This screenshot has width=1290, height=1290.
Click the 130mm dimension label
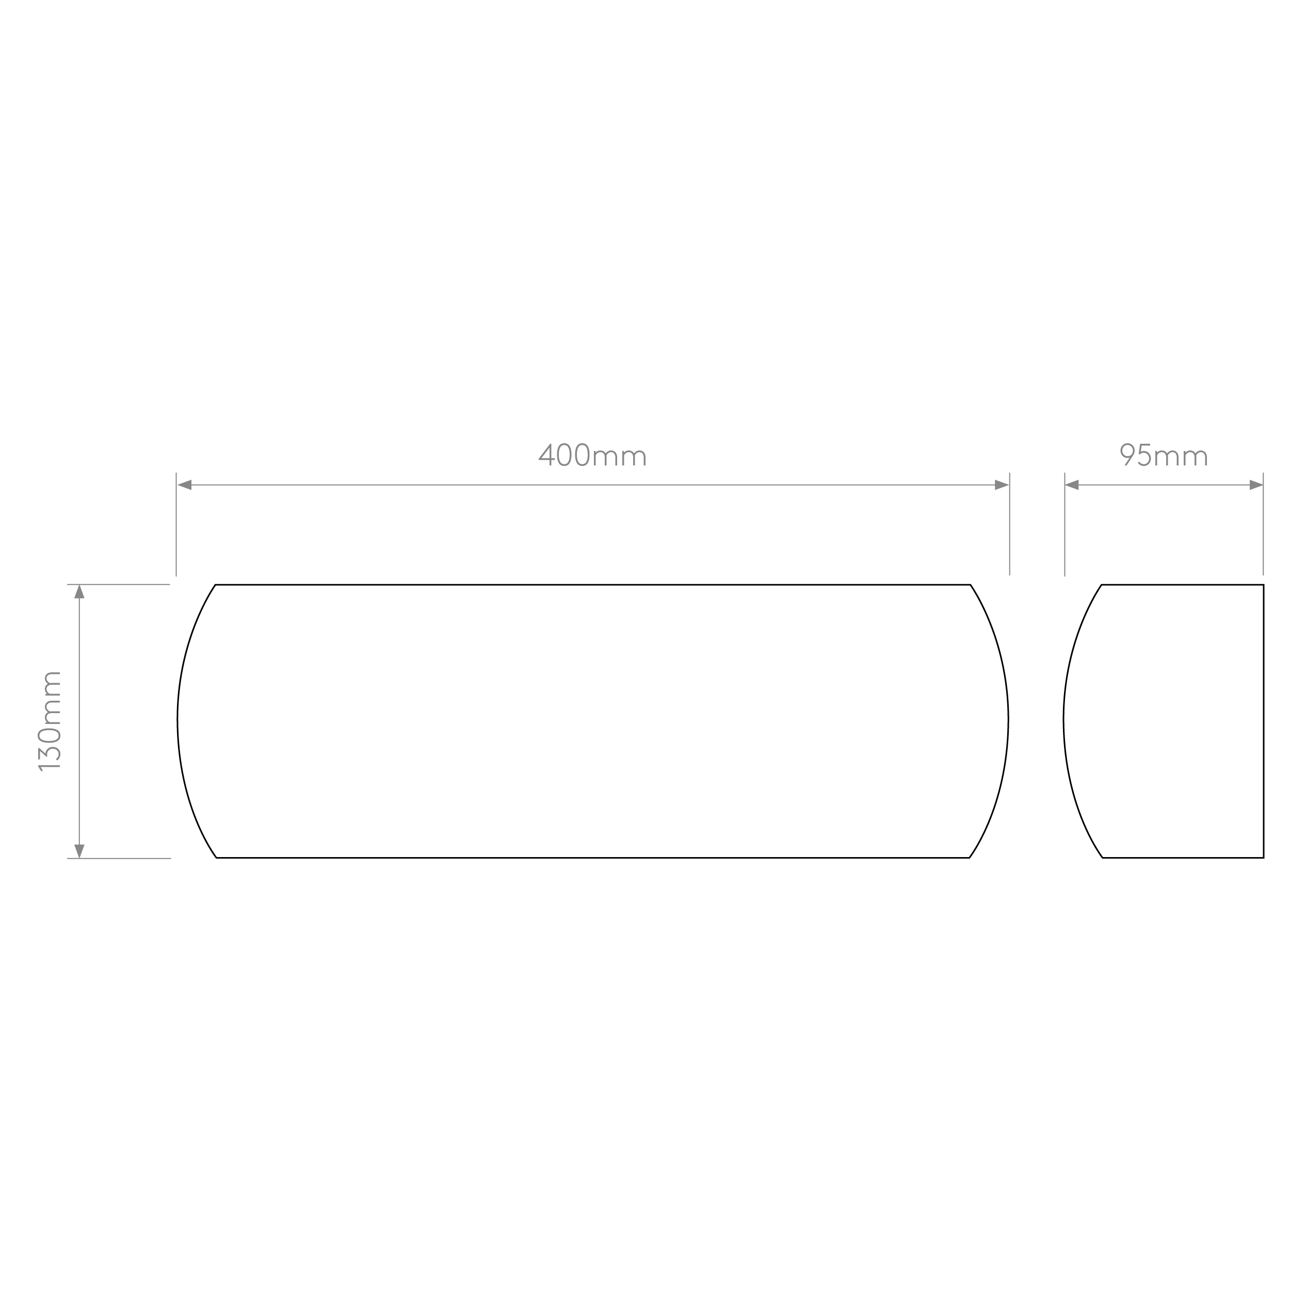(50, 721)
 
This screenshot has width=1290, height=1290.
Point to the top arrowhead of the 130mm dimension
(79, 591)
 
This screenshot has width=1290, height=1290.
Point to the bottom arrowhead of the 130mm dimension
(79, 851)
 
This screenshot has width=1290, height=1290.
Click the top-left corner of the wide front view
(215, 585)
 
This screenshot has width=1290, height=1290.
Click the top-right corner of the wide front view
(970, 585)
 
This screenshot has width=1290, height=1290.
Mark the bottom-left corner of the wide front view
(216, 857)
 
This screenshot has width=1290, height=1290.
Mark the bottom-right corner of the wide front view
(969, 857)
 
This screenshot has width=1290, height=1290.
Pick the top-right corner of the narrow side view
(1263, 585)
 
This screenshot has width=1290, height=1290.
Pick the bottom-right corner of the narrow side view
(1263, 857)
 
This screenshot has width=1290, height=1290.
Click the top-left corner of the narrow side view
(1101, 585)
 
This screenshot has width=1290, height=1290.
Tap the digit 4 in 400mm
(546, 455)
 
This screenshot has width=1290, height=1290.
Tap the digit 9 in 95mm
(1128, 455)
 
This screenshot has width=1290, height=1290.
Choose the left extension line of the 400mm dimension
(176, 524)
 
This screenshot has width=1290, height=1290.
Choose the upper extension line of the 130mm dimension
(118, 585)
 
